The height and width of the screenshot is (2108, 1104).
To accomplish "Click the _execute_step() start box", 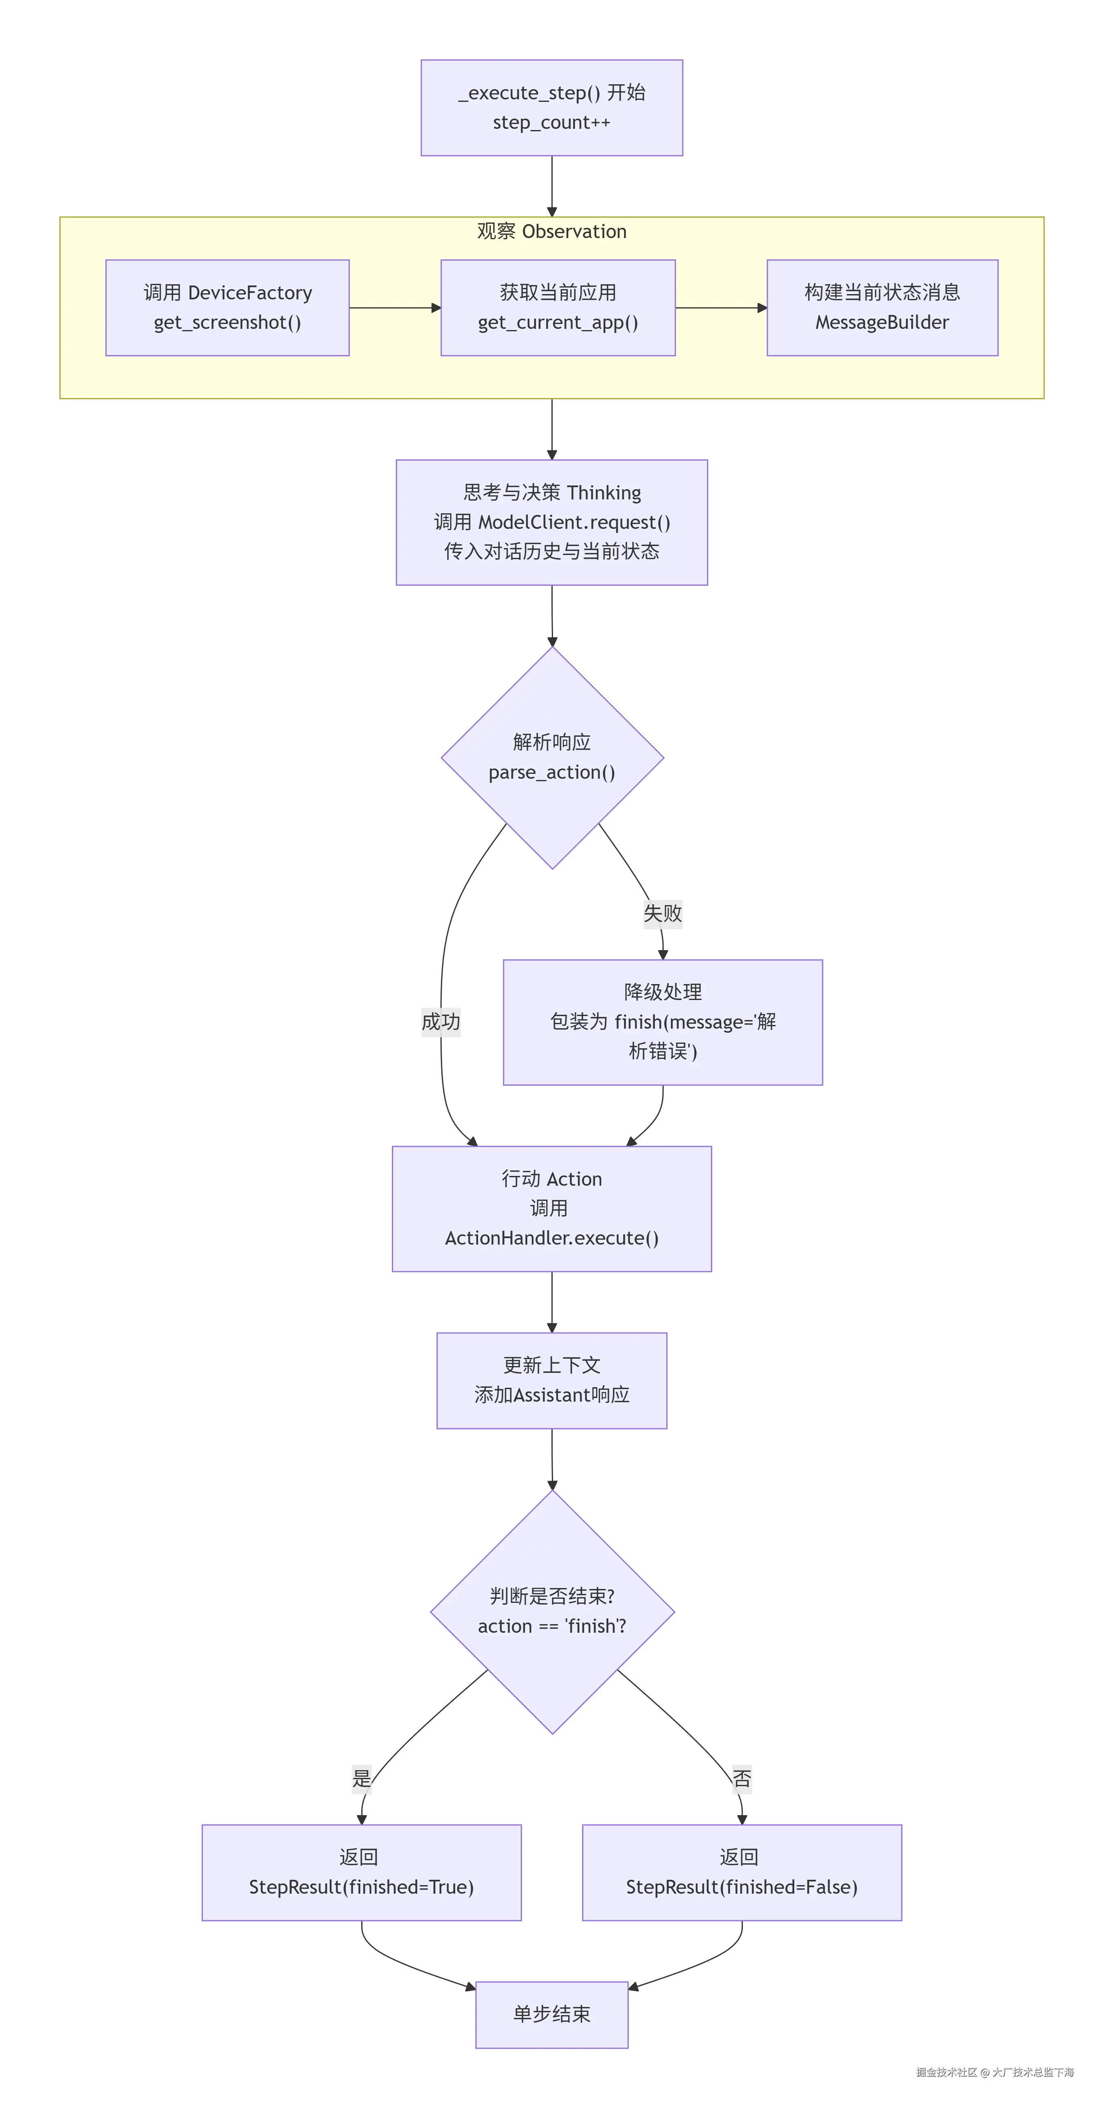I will pos(551,107).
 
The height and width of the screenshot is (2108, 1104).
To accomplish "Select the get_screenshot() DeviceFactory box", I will pos(227,308).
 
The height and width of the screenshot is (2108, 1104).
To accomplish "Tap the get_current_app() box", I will pos(558,308).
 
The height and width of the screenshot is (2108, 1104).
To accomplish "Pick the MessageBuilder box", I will pos(881,308).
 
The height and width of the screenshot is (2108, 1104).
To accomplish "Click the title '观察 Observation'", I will pos(551,231).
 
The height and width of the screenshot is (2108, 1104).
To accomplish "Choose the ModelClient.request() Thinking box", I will pos(551,522).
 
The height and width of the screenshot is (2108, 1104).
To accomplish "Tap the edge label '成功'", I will pos(440,1021).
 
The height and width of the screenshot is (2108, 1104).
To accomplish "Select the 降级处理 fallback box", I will pos(662,1022).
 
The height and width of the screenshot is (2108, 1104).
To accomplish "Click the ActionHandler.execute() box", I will pos(551,1209).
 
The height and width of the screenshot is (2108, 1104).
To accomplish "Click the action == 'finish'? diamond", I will pos(551,1611).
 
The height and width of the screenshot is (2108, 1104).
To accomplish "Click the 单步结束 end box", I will pos(551,2014).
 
